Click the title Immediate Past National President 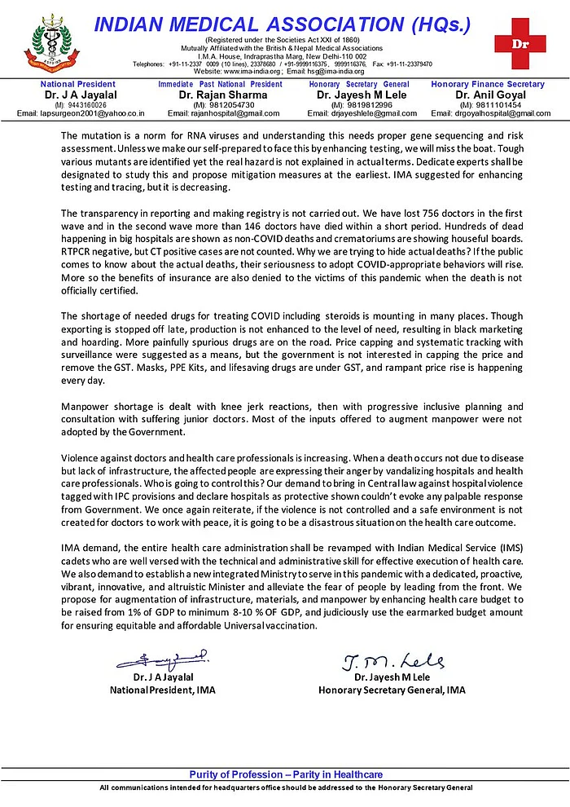tap(221, 84)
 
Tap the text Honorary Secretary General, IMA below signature tap(392, 690)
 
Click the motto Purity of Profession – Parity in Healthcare tap(285, 774)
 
